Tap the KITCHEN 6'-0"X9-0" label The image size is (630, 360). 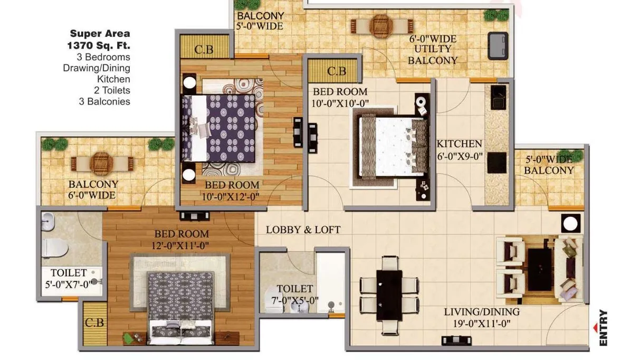pyautogui.click(x=459, y=149)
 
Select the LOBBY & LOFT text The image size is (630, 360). pyautogui.click(x=303, y=230)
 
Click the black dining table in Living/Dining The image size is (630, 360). pyautogui.click(x=389, y=296)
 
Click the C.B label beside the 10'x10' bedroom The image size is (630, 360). pyautogui.click(x=336, y=71)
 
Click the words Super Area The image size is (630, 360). pyautogui.click(x=100, y=34)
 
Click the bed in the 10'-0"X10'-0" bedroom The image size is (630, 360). pyautogui.click(x=393, y=147)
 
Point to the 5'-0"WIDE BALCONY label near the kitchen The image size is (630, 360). pyautogui.click(x=548, y=165)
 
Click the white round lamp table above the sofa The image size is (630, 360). pyautogui.click(x=570, y=223)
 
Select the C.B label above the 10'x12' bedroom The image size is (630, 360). pyautogui.click(x=204, y=51)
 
